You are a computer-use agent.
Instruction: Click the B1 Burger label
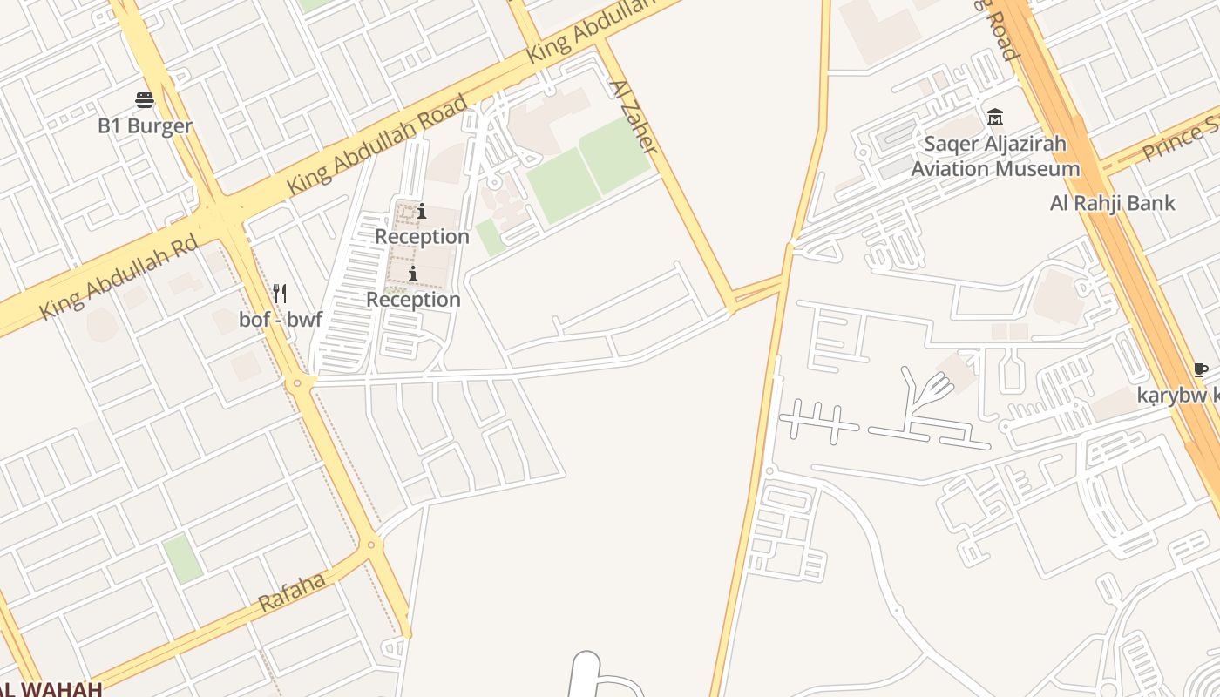click(x=145, y=126)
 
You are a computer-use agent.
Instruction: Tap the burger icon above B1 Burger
click(x=145, y=100)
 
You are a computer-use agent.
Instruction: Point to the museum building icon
click(x=994, y=117)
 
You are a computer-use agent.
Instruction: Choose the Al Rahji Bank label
click(x=1113, y=204)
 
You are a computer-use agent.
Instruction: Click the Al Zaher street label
click(x=632, y=117)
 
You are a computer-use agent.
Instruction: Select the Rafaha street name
click(x=292, y=592)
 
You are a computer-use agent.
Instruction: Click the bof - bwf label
click(x=281, y=320)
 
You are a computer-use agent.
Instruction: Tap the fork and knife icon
click(x=280, y=294)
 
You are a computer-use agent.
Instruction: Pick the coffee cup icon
click(x=1200, y=370)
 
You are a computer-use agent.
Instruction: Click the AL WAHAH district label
click(x=51, y=688)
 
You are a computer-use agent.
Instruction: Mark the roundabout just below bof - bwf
click(x=299, y=382)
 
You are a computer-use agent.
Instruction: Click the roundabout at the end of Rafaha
click(x=372, y=545)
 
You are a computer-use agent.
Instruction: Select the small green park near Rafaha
click(x=182, y=558)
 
